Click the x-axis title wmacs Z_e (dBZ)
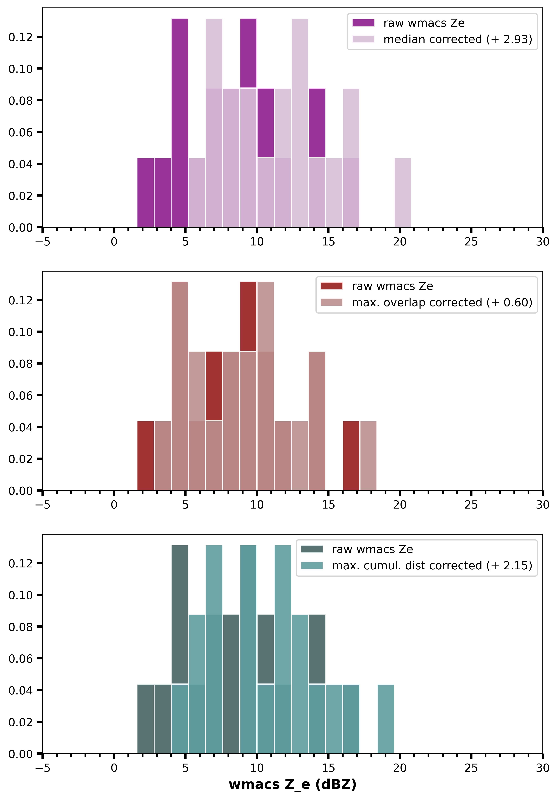293,784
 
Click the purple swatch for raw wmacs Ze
363,23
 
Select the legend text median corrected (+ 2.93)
458,39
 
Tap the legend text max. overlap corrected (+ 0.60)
442,302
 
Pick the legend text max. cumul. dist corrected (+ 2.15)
432,566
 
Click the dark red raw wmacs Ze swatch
332,286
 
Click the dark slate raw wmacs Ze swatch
312,549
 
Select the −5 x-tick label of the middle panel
42,505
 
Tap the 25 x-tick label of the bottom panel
471,768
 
